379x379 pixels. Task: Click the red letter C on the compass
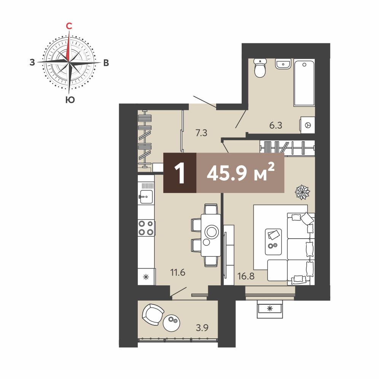pyautogui.click(x=69, y=25)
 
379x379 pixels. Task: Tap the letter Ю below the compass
pyautogui.click(x=70, y=100)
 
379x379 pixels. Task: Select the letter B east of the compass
pyautogui.click(x=106, y=63)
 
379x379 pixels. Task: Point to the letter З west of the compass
pyautogui.click(x=32, y=62)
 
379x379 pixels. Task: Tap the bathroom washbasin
pyautogui.click(x=283, y=64)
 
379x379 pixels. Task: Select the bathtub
pyautogui.click(x=304, y=82)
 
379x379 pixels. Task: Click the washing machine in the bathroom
pyautogui.click(x=307, y=125)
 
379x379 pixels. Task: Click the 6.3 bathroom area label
pyautogui.click(x=276, y=126)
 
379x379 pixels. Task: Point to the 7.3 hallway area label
pyautogui.click(x=201, y=133)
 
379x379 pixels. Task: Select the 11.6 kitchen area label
pyautogui.click(x=178, y=273)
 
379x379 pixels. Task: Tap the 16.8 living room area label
pyautogui.click(x=246, y=276)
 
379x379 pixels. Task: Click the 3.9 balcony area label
pyautogui.click(x=202, y=328)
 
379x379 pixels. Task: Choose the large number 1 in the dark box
pyautogui.click(x=180, y=173)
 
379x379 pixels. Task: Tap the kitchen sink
pyautogui.click(x=146, y=196)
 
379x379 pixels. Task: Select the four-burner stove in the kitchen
pyautogui.click(x=146, y=228)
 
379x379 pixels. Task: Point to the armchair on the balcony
pyautogui.click(x=153, y=314)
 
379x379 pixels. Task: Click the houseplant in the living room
pyautogui.click(x=302, y=193)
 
